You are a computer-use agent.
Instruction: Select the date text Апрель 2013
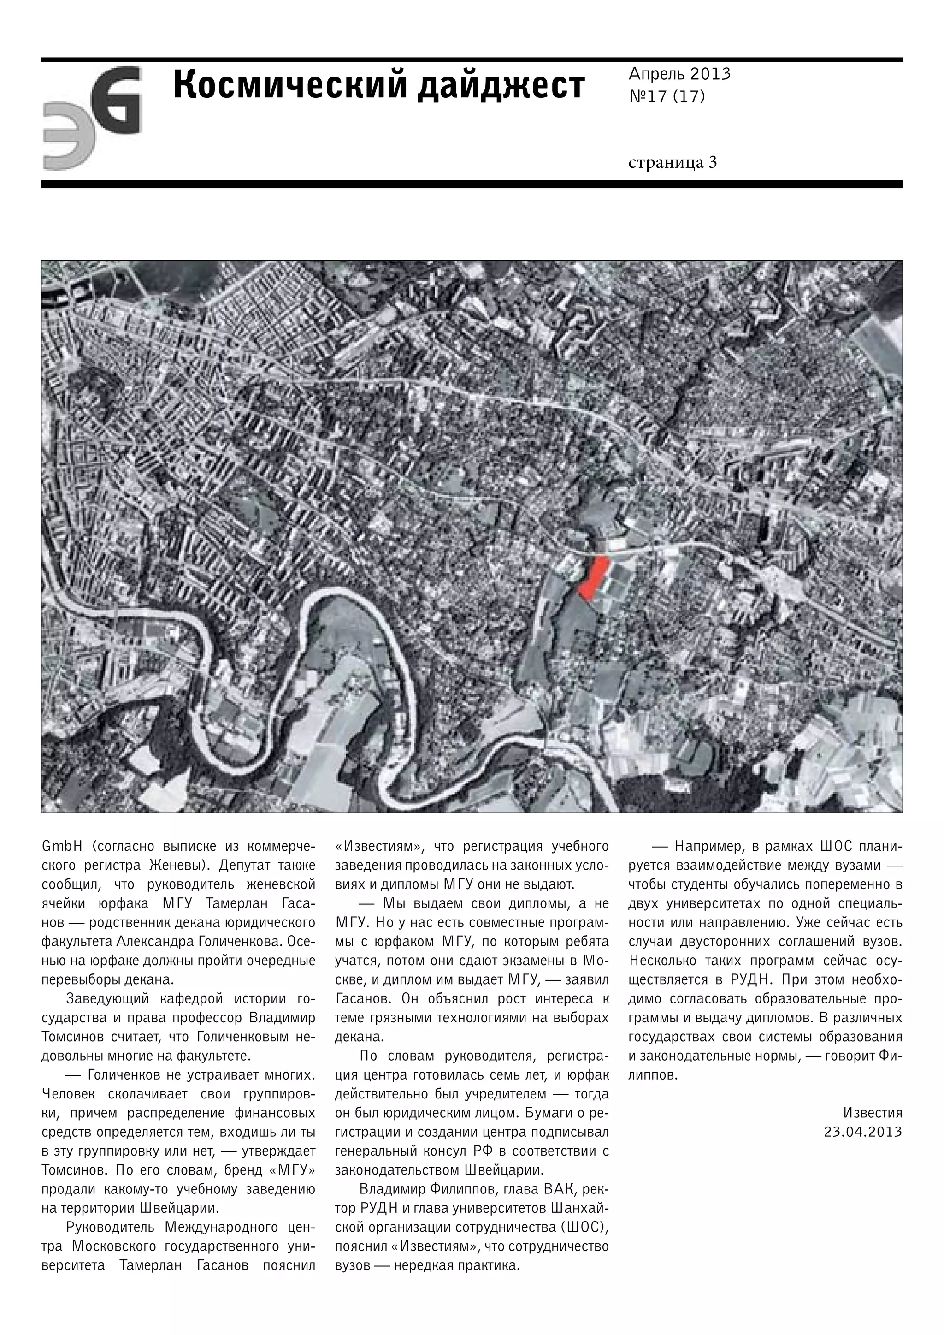coord(679,74)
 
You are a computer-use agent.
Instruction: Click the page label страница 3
coord(673,163)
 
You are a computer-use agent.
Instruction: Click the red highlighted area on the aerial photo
coord(594,575)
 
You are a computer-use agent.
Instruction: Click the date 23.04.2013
coord(862,1132)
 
